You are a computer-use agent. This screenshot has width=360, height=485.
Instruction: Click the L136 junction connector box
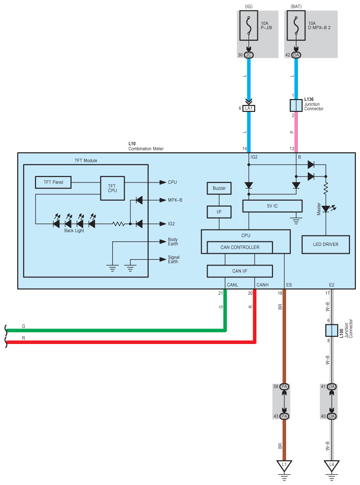(296, 105)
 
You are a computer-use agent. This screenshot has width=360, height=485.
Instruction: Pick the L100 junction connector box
(332, 330)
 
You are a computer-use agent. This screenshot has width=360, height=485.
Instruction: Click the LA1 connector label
(249, 108)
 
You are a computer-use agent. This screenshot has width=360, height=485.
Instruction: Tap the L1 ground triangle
(284, 465)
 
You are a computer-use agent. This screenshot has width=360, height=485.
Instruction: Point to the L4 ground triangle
(332, 465)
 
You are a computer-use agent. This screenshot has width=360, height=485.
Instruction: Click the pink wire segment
(296, 132)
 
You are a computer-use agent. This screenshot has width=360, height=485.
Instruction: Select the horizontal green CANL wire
(116, 330)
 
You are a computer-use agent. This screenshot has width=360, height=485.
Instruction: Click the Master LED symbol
(326, 209)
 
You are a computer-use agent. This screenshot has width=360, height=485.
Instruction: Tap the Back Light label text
(74, 231)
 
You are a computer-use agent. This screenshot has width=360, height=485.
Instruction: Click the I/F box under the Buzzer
(219, 212)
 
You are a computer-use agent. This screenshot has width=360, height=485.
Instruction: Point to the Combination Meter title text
(146, 149)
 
